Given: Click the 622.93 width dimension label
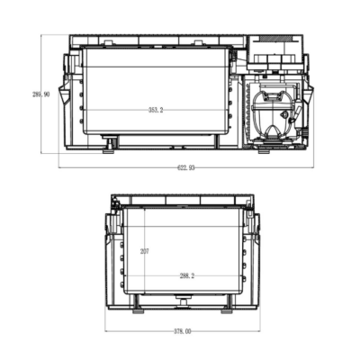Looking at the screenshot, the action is point(186,167).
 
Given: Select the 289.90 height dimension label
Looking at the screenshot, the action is point(41,94).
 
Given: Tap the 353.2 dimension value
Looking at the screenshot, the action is point(156,110).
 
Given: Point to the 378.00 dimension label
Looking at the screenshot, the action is point(183,331).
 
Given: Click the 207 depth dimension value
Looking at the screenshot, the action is point(145,252).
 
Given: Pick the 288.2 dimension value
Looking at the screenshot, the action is point(187,276).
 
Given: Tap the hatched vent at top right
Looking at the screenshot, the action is point(276,39).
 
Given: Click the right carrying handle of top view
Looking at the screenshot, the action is point(309,94).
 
